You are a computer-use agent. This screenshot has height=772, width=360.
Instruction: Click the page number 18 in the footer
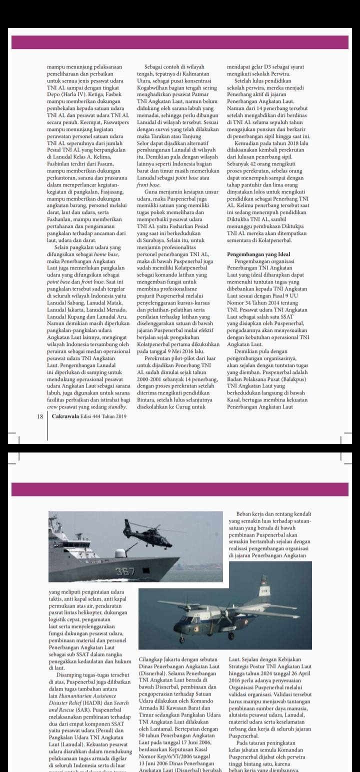[40, 429]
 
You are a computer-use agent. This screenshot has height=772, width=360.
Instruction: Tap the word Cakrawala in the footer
[65, 429]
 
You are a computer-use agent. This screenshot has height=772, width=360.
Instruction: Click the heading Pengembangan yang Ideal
[258, 254]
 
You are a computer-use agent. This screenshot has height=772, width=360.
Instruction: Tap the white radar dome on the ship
[120, 553]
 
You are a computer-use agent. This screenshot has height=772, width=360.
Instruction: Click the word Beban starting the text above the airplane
[245, 513]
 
